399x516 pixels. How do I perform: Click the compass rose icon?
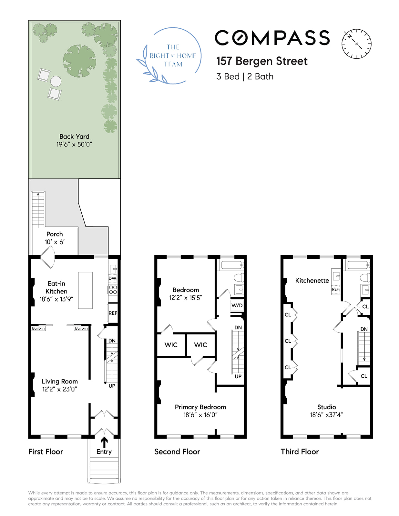[x=356, y=44]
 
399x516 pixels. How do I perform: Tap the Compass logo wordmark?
[x=272, y=38]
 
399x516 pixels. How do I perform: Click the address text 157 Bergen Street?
[x=262, y=61]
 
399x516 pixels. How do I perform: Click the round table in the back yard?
[x=56, y=81]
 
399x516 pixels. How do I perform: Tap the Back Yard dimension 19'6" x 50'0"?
[x=74, y=144]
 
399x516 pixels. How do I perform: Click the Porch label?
[x=55, y=234]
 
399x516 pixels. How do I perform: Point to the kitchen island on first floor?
[x=86, y=290]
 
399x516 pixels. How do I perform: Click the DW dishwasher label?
[x=112, y=278]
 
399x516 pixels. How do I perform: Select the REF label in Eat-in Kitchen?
[x=113, y=313]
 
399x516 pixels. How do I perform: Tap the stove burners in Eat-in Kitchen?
[x=113, y=289]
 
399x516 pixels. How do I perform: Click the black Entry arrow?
[x=104, y=442]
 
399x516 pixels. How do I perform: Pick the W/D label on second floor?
[x=237, y=305]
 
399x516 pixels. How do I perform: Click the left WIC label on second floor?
[x=171, y=345]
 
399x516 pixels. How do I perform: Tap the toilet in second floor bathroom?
[x=239, y=278]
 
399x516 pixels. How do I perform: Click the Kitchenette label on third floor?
[x=312, y=281]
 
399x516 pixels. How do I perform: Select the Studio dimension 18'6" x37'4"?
[x=326, y=415]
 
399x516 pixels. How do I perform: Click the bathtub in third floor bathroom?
[x=358, y=265]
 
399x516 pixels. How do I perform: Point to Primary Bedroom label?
[x=200, y=407]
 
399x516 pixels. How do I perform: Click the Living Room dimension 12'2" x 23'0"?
[x=59, y=389]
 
